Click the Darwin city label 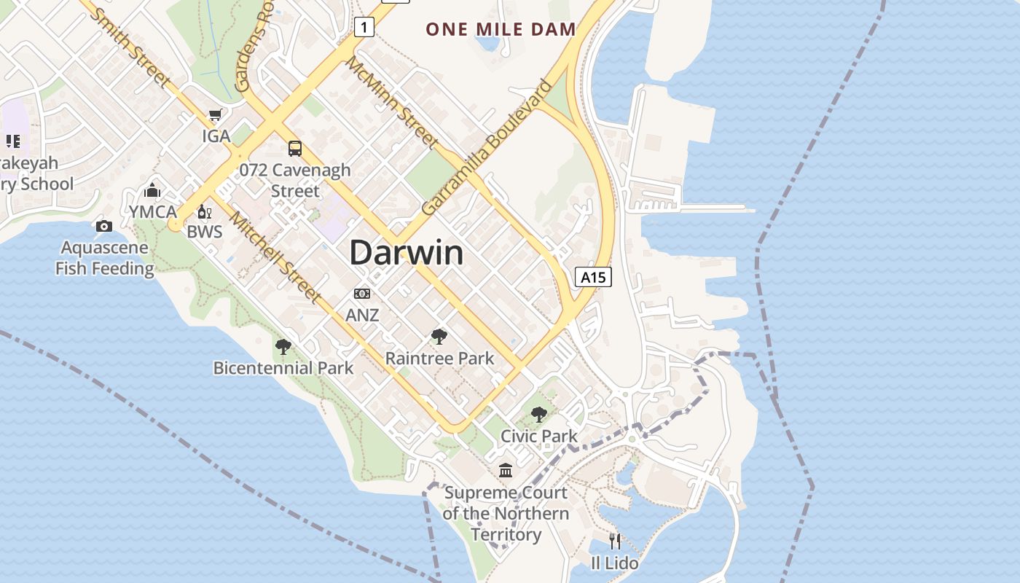[406, 253]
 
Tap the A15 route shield [592, 277]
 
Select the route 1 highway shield [364, 28]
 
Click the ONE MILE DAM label [501, 29]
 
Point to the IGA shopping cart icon [216, 115]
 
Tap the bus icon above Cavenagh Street [294, 149]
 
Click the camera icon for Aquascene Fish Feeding [104, 226]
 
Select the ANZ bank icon [362, 294]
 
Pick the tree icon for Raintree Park [439, 336]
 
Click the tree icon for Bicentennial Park [283, 346]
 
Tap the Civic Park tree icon [538, 415]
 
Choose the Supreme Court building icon [506, 471]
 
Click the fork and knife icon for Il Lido [615, 541]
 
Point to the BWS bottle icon [204, 212]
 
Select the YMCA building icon [152, 191]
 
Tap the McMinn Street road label [391, 101]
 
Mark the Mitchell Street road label [275, 257]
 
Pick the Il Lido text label [614, 563]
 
